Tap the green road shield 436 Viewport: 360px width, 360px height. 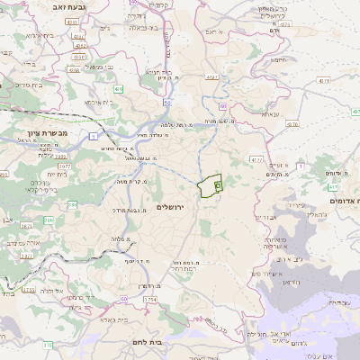[x=119, y=89]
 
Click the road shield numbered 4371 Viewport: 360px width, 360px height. [x=212, y=78]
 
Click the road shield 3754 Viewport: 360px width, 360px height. [x=149, y=299]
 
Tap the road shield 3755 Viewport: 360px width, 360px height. [x=29, y=290]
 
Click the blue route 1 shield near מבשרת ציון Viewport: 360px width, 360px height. [x=94, y=136]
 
